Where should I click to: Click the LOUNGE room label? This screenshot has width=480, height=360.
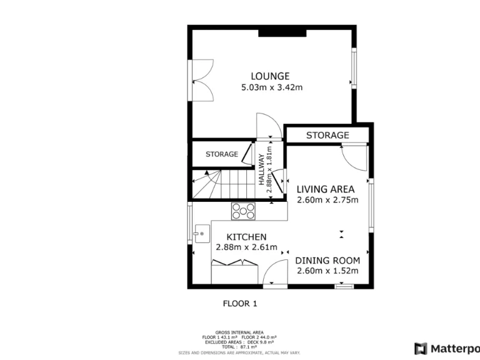click(271, 77)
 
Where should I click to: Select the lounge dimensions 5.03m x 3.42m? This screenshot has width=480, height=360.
click(271, 88)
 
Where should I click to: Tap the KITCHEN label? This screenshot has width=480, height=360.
click(246, 237)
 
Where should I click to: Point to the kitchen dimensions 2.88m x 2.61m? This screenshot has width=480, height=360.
click(246, 247)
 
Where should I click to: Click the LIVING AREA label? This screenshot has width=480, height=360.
click(325, 189)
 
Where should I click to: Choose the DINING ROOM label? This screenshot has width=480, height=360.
click(327, 261)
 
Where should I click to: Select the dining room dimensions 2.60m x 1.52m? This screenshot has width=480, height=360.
click(327, 271)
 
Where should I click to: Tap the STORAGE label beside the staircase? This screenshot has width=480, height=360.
click(222, 154)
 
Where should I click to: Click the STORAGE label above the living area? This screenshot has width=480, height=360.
click(327, 135)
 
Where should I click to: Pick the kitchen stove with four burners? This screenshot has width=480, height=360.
click(244, 211)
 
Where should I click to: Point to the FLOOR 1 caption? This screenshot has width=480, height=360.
click(240, 304)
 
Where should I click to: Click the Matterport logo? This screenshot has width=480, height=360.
click(446, 348)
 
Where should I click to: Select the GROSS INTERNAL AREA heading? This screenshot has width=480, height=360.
click(239, 332)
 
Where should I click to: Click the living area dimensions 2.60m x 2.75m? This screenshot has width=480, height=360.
click(327, 201)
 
